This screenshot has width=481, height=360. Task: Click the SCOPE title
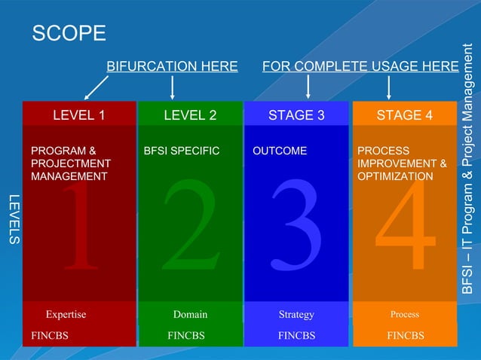click(69, 33)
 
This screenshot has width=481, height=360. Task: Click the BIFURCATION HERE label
click(172, 66)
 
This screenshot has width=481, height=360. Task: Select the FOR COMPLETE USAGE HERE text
click(360, 66)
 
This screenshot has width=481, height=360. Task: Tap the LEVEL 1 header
click(78, 115)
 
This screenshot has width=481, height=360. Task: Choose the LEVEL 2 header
click(190, 115)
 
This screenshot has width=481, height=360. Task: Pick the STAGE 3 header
click(296, 115)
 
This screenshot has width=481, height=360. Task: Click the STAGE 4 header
click(404, 115)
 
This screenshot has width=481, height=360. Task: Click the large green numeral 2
click(190, 226)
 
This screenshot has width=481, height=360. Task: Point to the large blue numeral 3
click(296, 226)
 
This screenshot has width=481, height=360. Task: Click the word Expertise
click(66, 314)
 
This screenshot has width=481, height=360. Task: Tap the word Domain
click(190, 314)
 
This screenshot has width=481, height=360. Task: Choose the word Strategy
click(296, 314)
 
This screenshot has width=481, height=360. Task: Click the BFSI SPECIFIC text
click(181, 151)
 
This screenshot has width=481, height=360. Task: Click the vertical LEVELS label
click(13, 219)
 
